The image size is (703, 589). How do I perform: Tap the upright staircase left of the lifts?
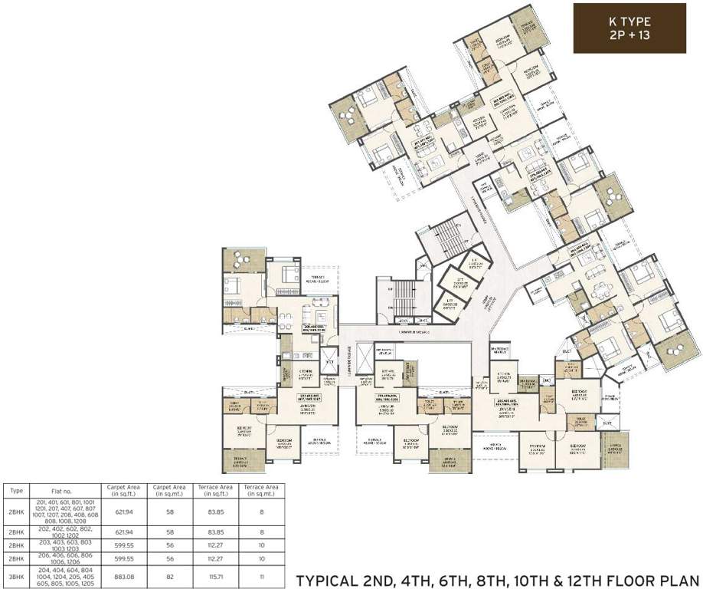tap(404, 298)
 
